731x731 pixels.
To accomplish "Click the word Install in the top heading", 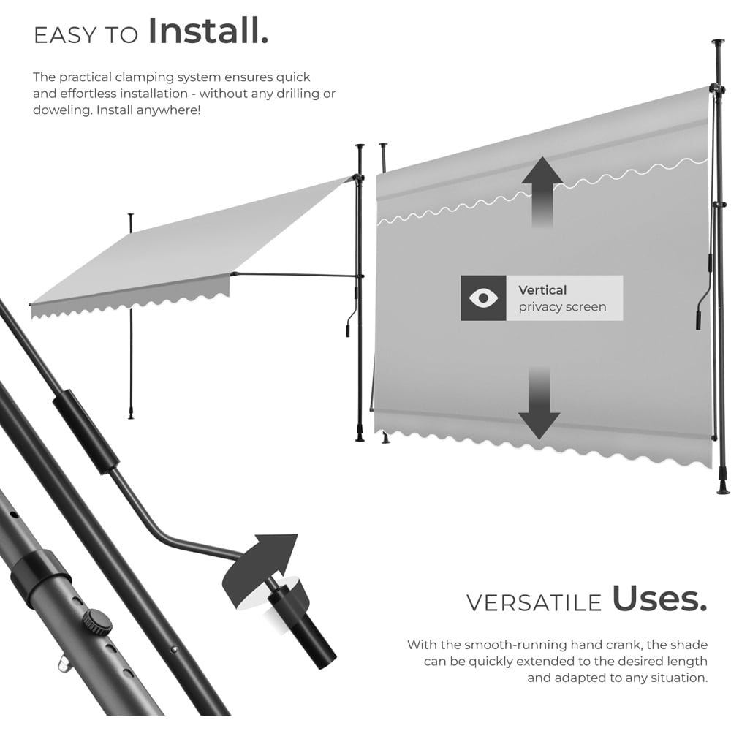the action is point(208,31).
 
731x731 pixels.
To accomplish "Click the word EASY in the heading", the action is point(66,36).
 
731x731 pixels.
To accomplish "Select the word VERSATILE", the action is point(534,603).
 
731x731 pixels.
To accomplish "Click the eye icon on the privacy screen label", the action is point(483,298).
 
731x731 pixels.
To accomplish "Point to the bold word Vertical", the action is point(542,290).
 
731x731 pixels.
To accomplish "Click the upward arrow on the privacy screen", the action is point(542,191).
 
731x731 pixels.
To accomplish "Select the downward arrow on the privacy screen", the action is point(539,402).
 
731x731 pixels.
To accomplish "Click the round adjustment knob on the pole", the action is point(97,622).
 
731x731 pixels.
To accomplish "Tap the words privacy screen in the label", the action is point(562,307).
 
